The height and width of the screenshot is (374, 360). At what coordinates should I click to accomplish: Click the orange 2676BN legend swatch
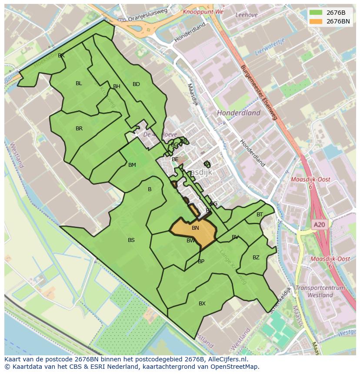316,21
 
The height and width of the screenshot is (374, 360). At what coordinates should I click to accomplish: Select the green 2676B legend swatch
316,13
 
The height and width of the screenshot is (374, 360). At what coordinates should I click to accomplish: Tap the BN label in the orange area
195,228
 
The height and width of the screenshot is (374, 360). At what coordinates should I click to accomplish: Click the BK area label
61,56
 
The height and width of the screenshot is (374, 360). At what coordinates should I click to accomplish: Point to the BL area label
79,83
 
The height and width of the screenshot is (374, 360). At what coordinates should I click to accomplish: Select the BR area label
79,129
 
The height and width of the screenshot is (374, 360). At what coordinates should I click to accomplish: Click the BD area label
136,84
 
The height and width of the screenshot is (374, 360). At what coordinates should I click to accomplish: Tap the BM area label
132,165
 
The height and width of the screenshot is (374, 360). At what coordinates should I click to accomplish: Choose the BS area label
131,240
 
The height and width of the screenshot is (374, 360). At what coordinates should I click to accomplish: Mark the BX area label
202,304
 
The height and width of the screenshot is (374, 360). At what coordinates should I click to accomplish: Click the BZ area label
256,258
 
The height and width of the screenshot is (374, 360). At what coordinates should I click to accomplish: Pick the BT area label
260,215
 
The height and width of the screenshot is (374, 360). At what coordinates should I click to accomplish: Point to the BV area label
235,237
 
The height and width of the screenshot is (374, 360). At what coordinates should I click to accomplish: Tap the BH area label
117,86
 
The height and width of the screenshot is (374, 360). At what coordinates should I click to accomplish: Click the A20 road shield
319,225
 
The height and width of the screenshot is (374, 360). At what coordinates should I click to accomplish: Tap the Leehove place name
246,15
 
